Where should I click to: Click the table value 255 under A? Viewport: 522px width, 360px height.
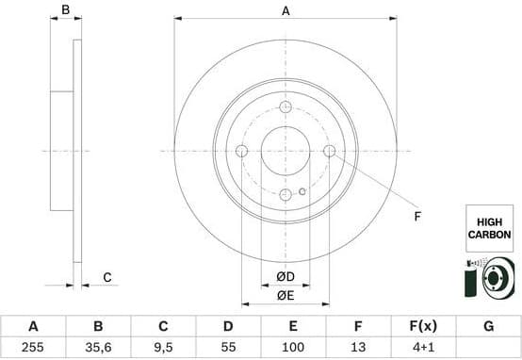point(33,348)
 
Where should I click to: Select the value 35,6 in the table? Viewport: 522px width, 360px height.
point(98,348)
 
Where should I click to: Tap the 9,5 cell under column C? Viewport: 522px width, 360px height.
point(163,348)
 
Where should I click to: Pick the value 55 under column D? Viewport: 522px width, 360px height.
point(228,348)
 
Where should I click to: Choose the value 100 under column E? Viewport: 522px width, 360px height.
point(293,348)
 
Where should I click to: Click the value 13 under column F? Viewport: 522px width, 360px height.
point(358,348)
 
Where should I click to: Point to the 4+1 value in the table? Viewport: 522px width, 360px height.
point(423,348)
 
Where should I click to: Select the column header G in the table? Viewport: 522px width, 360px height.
point(488,326)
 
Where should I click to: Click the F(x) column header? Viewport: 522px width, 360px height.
point(423,326)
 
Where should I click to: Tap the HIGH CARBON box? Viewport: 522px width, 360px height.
point(489,228)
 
